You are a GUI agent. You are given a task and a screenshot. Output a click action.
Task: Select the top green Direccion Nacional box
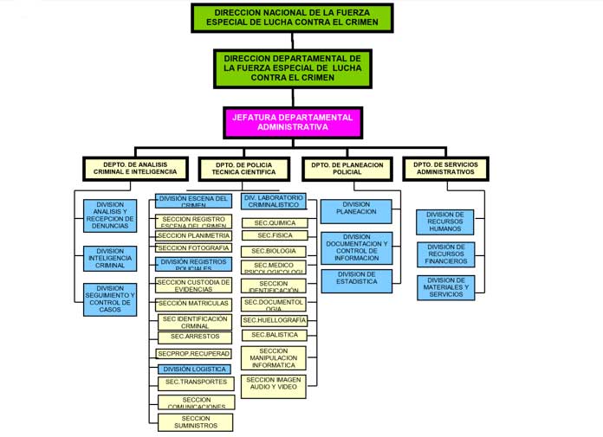(x=292, y=17)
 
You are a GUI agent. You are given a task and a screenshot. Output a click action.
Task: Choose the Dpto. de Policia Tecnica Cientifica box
(x=243, y=168)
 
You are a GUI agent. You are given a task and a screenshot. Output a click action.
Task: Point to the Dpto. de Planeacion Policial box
(x=347, y=168)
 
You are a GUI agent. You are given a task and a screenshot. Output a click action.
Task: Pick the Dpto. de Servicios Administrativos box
(x=445, y=168)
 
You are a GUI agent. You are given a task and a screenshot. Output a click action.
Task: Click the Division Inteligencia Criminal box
(x=110, y=258)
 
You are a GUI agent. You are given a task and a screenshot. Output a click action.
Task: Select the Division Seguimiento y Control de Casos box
(x=110, y=299)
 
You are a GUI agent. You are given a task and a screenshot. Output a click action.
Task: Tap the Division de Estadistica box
(x=356, y=278)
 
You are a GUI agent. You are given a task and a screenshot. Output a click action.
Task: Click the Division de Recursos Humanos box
(x=446, y=221)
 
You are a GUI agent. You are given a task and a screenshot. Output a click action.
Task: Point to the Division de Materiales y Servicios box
(x=446, y=286)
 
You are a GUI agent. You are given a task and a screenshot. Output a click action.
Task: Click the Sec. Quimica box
(x=273, y=222)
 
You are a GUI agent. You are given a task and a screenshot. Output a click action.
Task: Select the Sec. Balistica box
(x=273, y=335)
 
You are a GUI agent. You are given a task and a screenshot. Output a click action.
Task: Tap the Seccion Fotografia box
(x=194, y=248)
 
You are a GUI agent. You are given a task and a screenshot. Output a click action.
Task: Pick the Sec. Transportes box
(x=194, y=382)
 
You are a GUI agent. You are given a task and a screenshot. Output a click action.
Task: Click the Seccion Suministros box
(x=195, y=422)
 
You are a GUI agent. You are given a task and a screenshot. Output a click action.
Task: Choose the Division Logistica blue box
(x=194, y=370)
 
